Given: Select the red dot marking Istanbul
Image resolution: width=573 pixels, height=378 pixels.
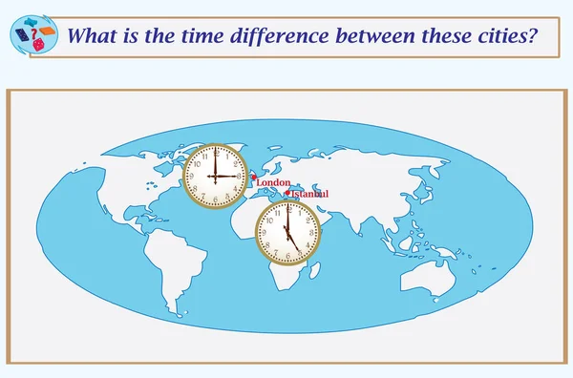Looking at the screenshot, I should tap(286, 194).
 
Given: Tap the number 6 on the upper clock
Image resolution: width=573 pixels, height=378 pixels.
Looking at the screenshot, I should tap(215, 199).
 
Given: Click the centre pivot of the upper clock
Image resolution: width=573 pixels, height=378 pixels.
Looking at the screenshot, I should tap(215, 177).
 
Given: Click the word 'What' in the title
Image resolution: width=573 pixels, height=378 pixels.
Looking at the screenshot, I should tap(92, 35).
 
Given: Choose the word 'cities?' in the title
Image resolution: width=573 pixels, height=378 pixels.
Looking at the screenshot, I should tap(499, 35).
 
